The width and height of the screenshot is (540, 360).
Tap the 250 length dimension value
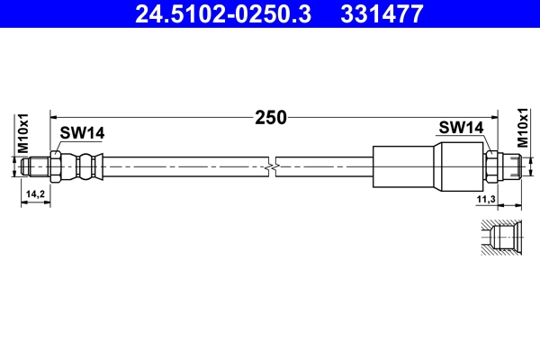pos(270,117)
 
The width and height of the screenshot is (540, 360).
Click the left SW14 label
pos(83,133)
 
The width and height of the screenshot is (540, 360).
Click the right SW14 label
pos(463,128)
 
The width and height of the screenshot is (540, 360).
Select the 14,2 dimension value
pos(36,193)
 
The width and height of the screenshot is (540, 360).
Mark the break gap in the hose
pos(273,166)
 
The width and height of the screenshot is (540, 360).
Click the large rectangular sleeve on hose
pos(405,166)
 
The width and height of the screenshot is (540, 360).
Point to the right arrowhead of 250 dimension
pos(497,117)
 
